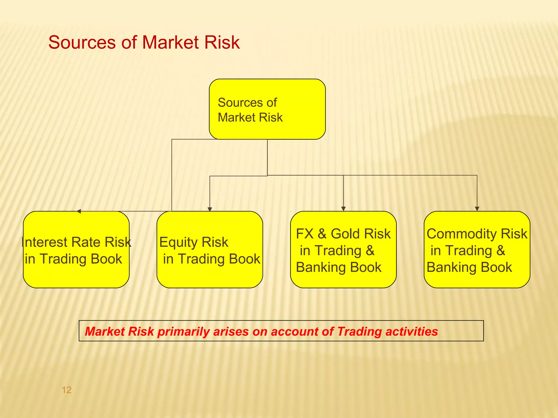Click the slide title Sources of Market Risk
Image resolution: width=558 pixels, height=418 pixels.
click(x=144, y=42)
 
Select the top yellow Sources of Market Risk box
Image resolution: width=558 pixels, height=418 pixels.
click(x=267, y=109)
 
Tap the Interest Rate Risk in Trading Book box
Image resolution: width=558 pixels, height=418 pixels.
click(x=76, y=250)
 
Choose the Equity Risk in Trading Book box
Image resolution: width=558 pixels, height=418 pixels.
click(x=210, y=250)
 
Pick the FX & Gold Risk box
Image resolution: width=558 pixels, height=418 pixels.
click(x=343, y=250)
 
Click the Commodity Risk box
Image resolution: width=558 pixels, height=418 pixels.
click(x=477, y=250)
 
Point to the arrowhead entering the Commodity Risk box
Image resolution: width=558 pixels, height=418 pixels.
click(x=477, y=209)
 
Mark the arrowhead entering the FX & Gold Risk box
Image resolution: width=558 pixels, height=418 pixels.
click(x=343, y=209)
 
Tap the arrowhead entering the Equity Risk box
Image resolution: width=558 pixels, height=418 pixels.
click(x=210, y=209)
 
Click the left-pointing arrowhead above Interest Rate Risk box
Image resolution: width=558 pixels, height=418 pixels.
click(x=79, y=211)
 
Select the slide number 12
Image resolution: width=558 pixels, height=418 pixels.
click(x=66, y=390)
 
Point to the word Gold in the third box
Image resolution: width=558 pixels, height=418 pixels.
click(x=345, y=234)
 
